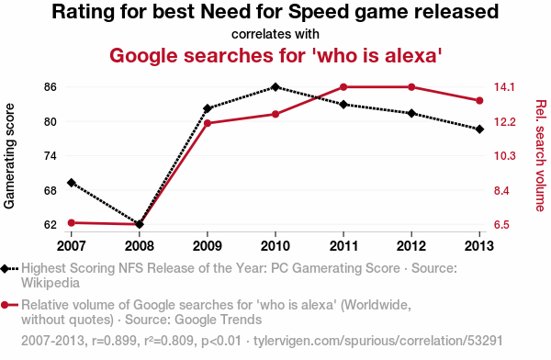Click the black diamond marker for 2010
(x=275, y=87)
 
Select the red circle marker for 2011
(x=343, y=87)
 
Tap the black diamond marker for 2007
(x=72, y=183)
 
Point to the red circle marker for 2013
(x=479, y=101)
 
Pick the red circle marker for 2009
(x=208, y=123)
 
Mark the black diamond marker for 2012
(x=411, y=114)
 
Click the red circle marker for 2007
(x=72, y=222)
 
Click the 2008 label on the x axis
(x=140, y=246)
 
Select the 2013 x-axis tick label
(x=479, y=246)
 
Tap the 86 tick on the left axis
(x=51, y=87)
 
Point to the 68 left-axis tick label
(x=51, y=190)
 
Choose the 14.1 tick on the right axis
(x=504, y=87)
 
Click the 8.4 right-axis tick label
(x=501, y=190)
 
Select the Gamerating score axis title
(x=9, y=156)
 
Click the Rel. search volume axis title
(x=541, y=156)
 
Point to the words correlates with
(x=275, y=34)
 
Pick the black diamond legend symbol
(x=5, y=268)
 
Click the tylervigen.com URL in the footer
(x=378, y=341)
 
